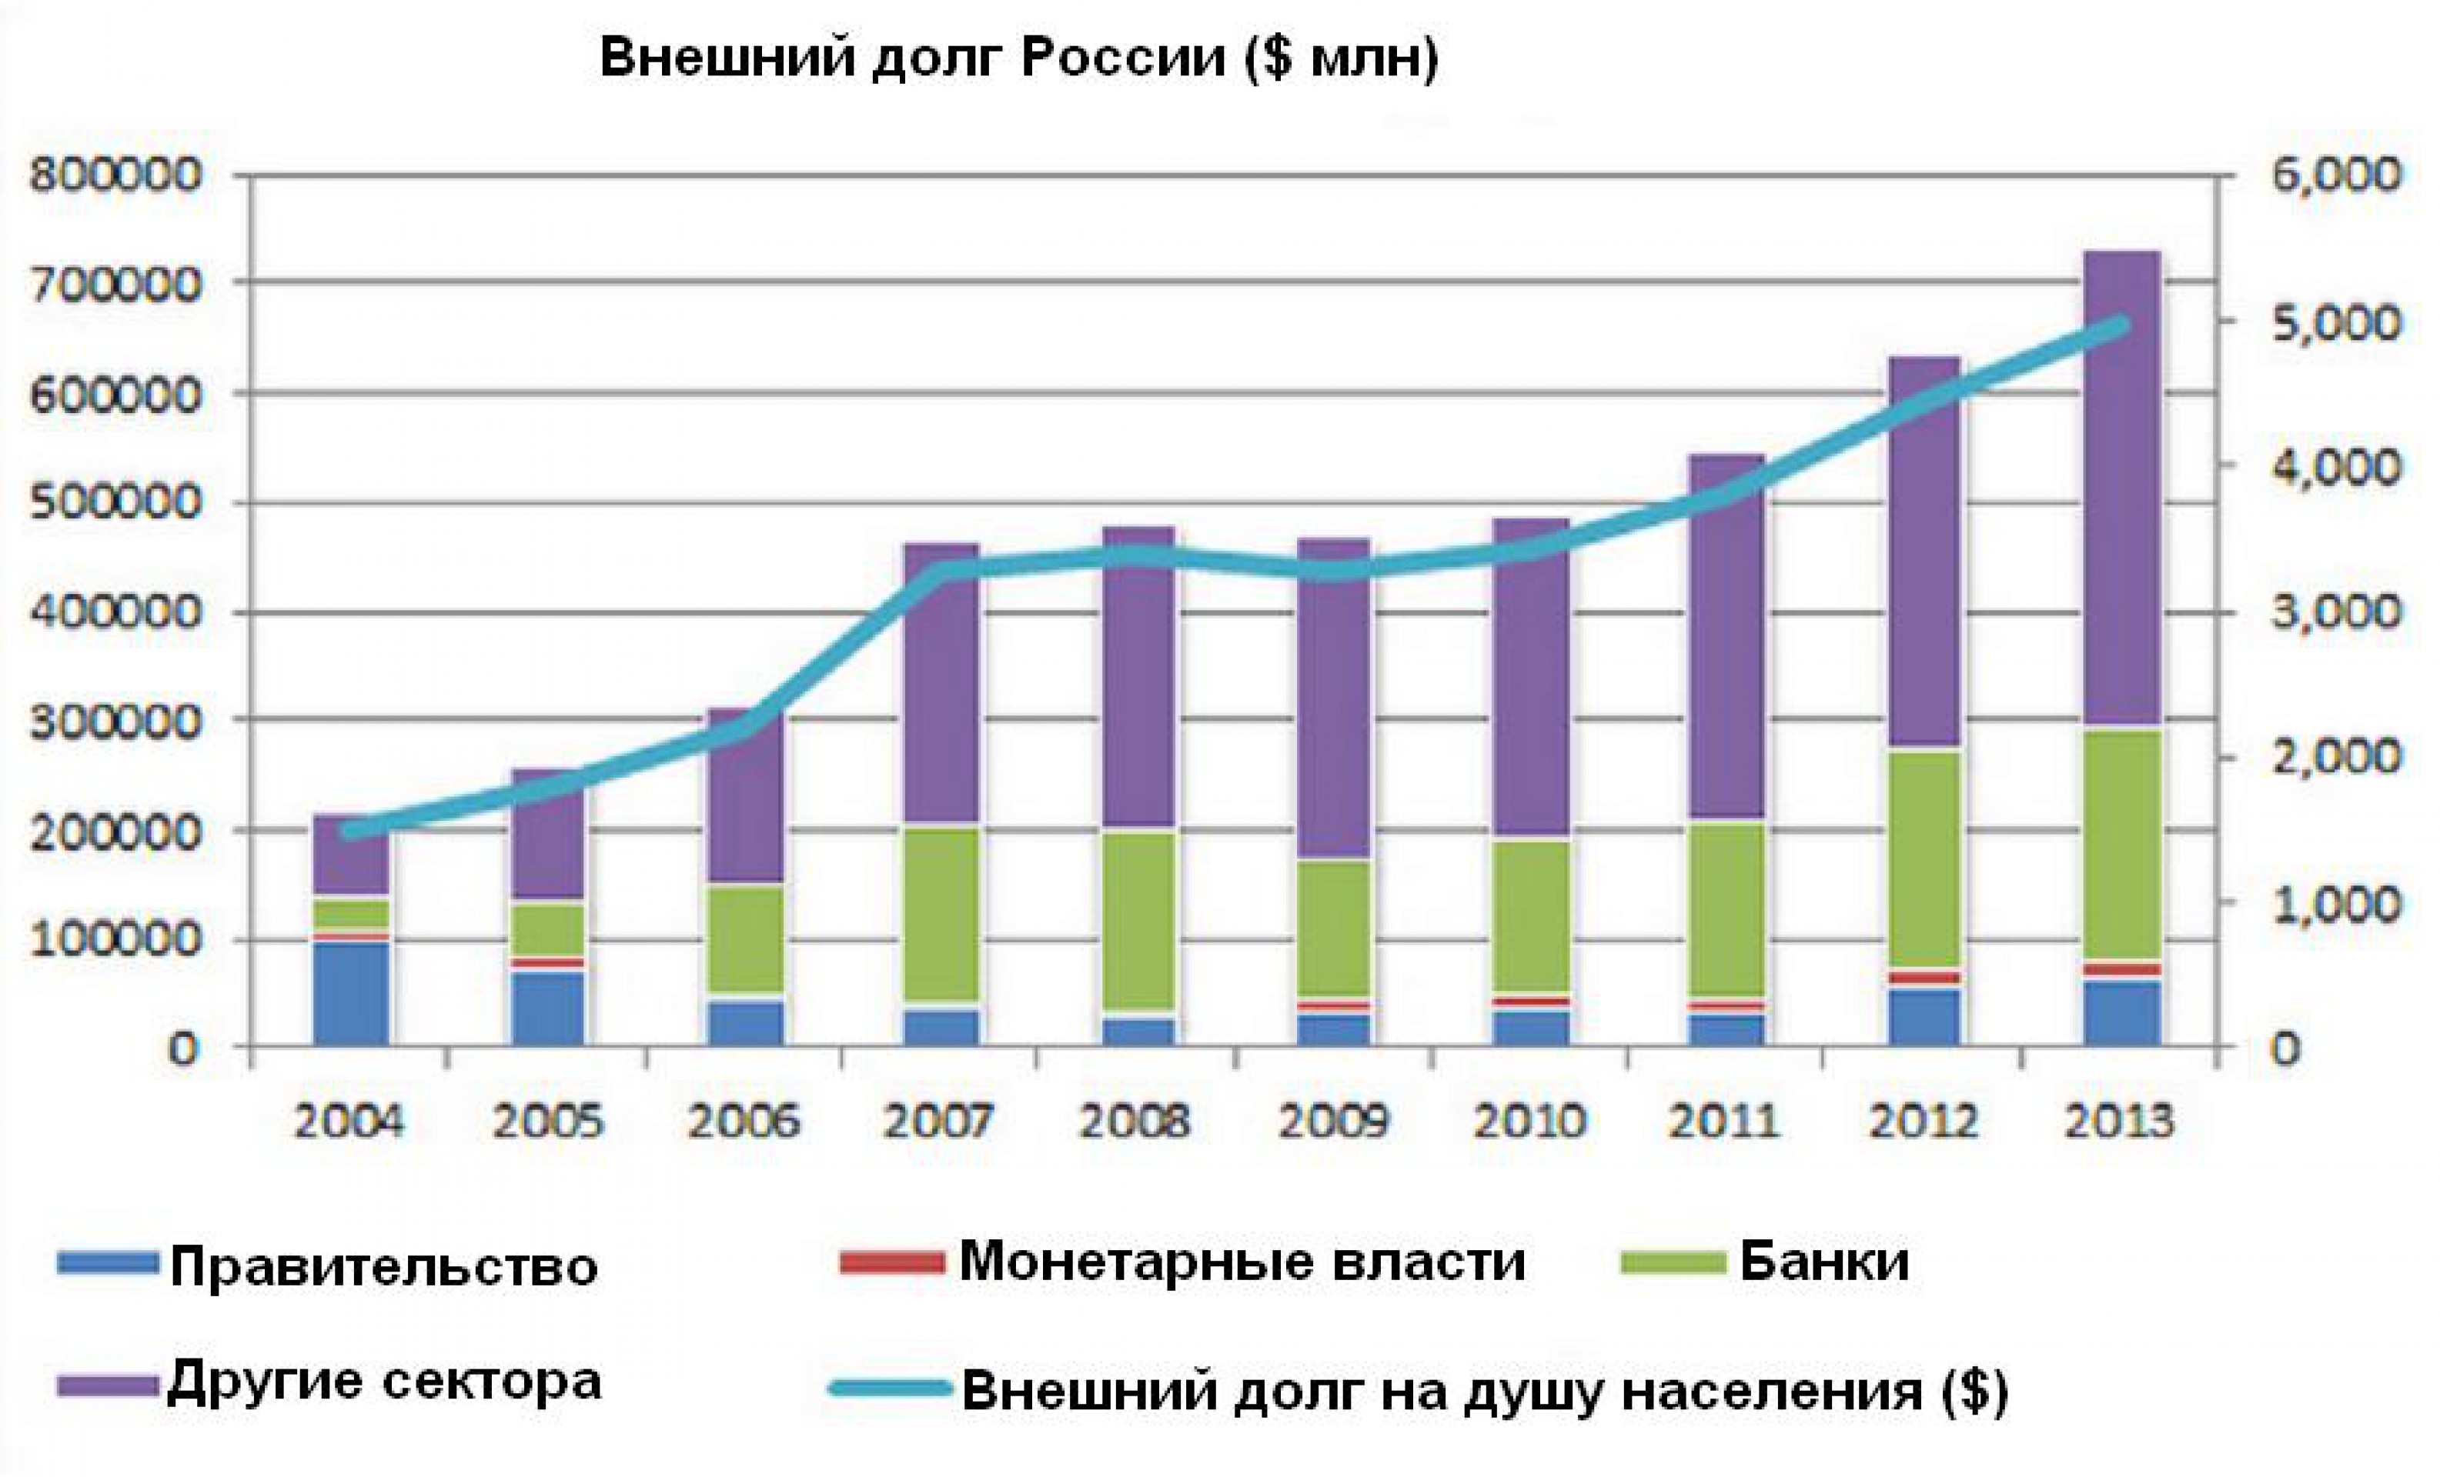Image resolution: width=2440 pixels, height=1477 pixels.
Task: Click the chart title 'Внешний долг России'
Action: pos(1019,58)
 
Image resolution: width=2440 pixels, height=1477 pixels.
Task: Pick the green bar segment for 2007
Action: pos(941,915)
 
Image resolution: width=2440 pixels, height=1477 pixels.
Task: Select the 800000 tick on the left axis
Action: pos(116,176)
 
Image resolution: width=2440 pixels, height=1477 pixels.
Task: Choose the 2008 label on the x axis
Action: pos(1135,1122)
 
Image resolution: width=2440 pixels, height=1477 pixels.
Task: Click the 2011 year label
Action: pos(1723,1122)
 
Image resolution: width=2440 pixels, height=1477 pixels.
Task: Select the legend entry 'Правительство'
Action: pos(383,1266)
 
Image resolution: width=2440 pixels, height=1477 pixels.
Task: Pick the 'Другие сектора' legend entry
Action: pos(383,1380)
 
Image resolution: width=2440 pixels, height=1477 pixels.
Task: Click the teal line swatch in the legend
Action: pos(888,1388)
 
